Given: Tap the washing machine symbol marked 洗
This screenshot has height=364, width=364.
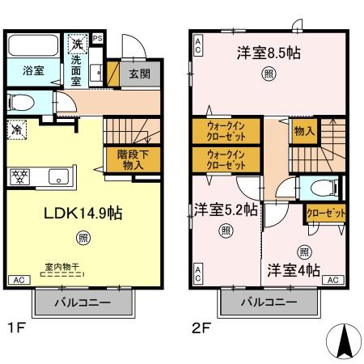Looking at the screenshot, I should tap(76, 44).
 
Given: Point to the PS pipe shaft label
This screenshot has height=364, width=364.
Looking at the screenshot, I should tap(98, 37).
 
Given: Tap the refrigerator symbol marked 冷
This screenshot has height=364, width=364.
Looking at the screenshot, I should tap(16, 129).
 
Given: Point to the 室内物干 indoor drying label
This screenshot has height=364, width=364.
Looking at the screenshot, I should tap(61, 265).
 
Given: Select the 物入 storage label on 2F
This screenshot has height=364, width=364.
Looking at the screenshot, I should tap(303, 129).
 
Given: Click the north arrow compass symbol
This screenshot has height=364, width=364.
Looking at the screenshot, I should tap(342, 342).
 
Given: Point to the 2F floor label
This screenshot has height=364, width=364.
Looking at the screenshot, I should tap(201, 329).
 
